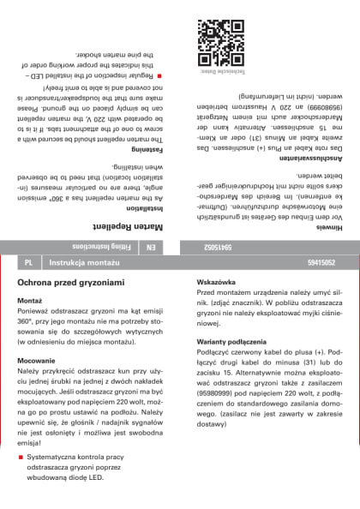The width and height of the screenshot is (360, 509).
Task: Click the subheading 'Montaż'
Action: pos(30,326)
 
